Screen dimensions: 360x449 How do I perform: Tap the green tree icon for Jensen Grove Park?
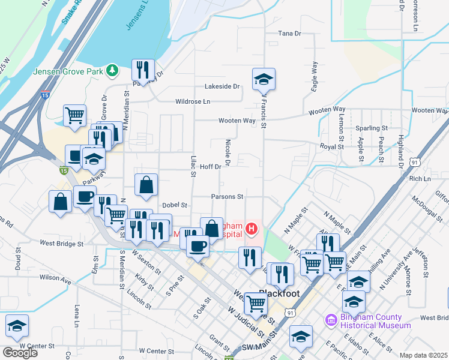pos(112,71)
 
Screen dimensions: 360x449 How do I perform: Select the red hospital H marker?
pos(252,229)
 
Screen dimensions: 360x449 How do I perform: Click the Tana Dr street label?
pos(289,34)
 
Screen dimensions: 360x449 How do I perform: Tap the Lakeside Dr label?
pos(221,86)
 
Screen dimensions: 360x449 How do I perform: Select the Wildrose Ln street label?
pos(192,102)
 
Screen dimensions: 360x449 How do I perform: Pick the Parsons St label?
pos(227,196)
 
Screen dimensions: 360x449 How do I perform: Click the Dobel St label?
pos(175,205)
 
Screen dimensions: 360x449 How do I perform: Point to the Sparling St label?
pos(371,128)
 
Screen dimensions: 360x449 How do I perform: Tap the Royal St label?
pos(331,146)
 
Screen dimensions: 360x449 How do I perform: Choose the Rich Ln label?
pos(420,179)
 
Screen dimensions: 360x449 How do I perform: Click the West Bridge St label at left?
pos(61,244)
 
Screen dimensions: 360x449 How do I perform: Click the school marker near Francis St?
pos(264,79)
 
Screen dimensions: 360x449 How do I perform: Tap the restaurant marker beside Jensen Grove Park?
pos(143,70)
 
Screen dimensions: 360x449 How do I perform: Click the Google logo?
pos(20,353)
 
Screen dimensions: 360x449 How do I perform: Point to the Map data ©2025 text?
pos(423,355)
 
